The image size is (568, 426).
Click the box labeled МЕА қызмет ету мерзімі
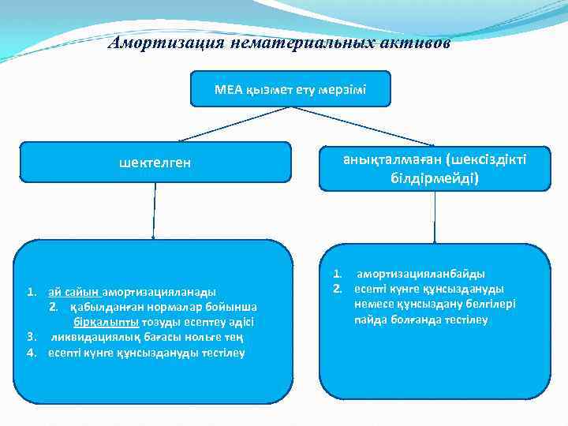point(290,89)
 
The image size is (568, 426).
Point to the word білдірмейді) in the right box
point(434,177)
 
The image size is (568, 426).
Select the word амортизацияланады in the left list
point(159,291)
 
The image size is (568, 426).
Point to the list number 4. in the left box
point(32,352)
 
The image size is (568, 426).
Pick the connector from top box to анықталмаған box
point(364,125)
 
